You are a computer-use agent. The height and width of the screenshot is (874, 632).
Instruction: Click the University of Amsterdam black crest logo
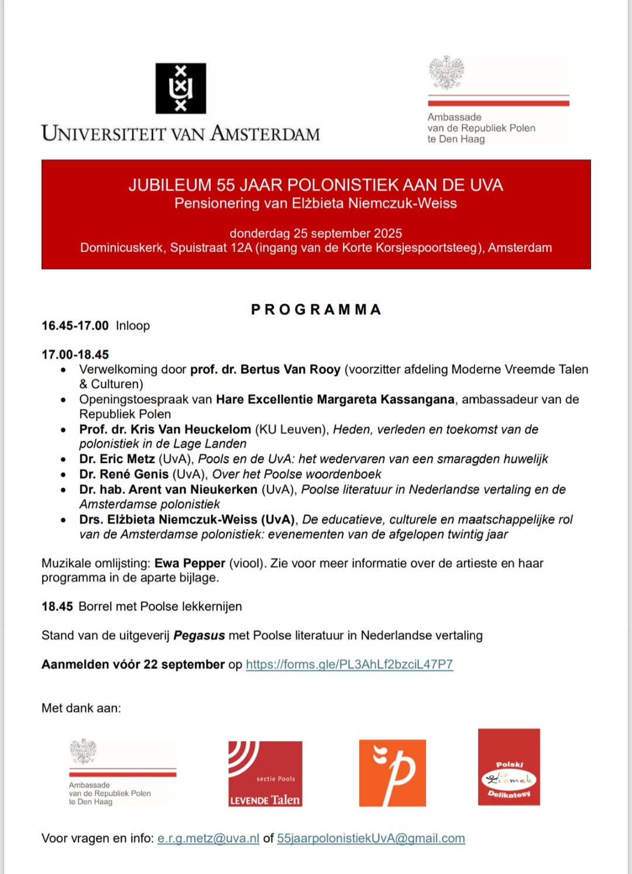pyautogui.click(x=180, y=88)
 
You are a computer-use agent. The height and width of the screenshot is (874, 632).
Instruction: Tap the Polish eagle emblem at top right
pyautogui.click(x=446, y=73)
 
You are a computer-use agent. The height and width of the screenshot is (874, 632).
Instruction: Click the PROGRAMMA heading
pyautogui.click(x=316, y=310)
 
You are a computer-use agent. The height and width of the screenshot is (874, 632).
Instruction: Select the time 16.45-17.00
pyautogui.click(x=75, y=326)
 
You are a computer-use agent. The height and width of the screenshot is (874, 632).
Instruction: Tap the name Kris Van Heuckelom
pyautogui.click(x=190, y=429)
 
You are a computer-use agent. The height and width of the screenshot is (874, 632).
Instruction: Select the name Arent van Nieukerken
pyautogui.click(x=193, y=489)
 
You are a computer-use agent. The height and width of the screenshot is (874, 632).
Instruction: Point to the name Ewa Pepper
pyautogui.click(x=190, y=563)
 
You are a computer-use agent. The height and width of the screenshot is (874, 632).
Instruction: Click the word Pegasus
pyautogui.click(x=199, y=636)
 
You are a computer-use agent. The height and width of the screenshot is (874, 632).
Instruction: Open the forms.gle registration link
pyautogui.click(x=349, y=664)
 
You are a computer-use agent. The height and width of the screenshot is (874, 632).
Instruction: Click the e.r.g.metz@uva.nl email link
pyautogui.click(x=208, y=838)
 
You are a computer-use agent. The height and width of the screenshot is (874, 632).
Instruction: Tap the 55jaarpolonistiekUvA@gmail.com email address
pyautogui.click(x=371, y=838)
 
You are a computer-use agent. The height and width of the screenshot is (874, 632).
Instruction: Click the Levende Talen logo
pyautogui.click(x=265, y=774)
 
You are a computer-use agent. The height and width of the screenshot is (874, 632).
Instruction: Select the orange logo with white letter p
pyautogui.click(x=392, y=773)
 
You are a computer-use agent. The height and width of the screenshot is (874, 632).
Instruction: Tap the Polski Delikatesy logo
pyautogui.click(x=509, y=767)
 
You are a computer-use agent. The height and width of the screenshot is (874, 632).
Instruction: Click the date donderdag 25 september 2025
pyautogui.click(x=315, y=233)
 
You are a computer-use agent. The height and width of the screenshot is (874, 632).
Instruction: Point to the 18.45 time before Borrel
pyautogui.click(x=57, y=606)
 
